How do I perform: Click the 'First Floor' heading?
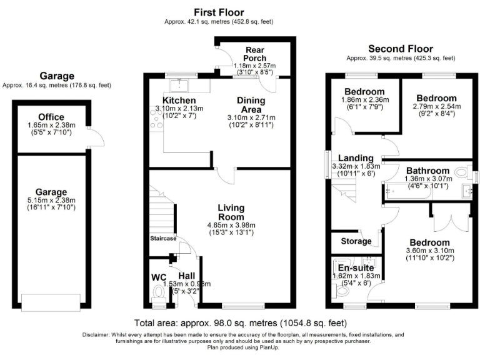pos(218,12)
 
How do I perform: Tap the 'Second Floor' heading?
pos(400,49)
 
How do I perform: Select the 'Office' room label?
pos(51,117)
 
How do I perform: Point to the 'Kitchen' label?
pos(179,101)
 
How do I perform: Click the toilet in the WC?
pos(157,291)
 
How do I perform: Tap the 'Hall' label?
pos(187,275)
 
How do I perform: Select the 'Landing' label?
pos(356,158)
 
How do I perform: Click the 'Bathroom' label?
pos(427,170)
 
